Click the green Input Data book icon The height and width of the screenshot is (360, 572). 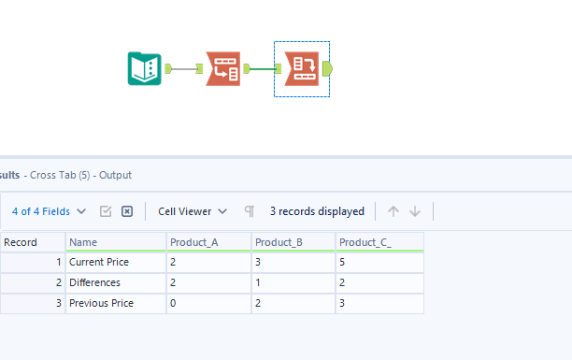(x=144, y=68)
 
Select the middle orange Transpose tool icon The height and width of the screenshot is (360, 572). (x=223, y=68)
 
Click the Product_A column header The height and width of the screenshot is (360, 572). (x=208, y=242)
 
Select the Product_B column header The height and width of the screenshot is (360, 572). (x=293, y=242)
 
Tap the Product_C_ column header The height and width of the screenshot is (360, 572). (x=379, y=242)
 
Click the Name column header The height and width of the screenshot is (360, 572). (x=116, y=242)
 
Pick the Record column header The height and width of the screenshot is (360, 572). (x=32, y=242)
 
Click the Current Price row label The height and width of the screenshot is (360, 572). (x=99, y=262)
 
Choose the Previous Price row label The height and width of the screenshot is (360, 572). (x=101, y=303)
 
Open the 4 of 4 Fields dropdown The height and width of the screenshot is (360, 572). (x=50, y=211)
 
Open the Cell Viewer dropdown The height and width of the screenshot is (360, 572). (x=193, y=211)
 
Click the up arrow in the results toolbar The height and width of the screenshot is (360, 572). (x=393, y=211)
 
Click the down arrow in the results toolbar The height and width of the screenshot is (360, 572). (x=415, y=211)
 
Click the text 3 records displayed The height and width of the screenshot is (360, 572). (x=317, y=211)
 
